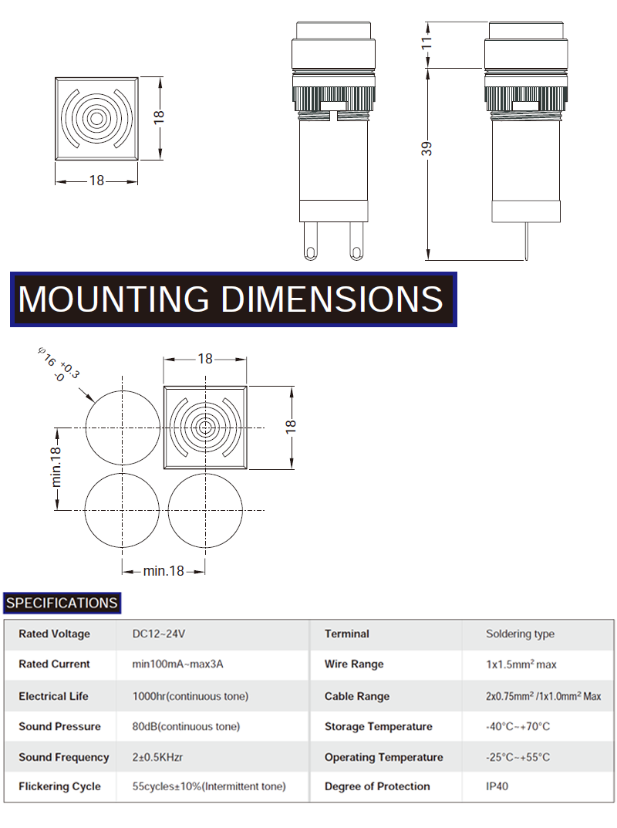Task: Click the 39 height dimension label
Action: [x=427, y=149]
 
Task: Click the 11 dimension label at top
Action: [x=427, y=42]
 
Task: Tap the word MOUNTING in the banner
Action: [x=113, y=299]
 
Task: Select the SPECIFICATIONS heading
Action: [x=62, y=603]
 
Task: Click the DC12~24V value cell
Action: [x=159, y=634]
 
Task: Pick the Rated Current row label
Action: [x=54, y=664]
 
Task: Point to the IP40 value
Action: [x=497, y=786]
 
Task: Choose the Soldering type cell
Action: [x=521, y=634]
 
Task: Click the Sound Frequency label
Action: [x=64, y=757]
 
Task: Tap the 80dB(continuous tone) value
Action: [x=187, y=727]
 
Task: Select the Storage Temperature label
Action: [x=379, y=727]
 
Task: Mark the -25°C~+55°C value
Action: [x=518, y=757]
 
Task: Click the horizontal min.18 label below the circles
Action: [x=164, y=571]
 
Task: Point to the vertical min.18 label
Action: [x=56, y=467]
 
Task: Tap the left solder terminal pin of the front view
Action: [x=310, y=241]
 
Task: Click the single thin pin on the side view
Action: [x=526, y=242]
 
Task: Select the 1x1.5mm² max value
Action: [x=521, y=664]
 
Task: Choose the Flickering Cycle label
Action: [x=59, y=786]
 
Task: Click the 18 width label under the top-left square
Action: [x=96, y=181]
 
